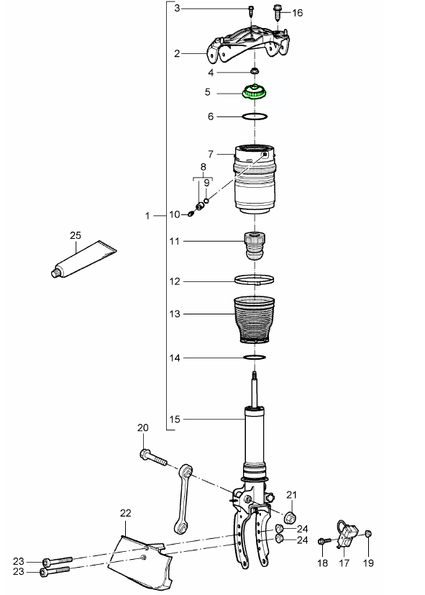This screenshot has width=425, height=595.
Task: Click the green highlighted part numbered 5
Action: [x=255, y=92]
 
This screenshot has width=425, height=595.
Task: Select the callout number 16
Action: [x=298, y=13]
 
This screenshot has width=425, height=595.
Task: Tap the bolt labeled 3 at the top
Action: [x=250, y=11]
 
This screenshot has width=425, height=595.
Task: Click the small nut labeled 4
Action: [x=255, y=71]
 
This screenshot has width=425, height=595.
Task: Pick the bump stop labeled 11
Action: [x=255, y=245]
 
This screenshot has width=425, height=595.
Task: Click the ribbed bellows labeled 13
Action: [x=255, y=319]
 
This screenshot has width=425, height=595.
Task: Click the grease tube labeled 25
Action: [x=83, y=259]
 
